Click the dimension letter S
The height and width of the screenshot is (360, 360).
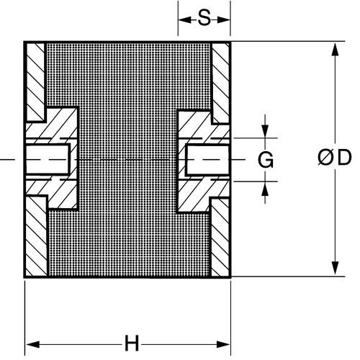[x=204, y=19]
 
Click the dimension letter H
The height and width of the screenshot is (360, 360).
[x=132, y=343]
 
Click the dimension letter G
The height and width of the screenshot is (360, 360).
[x=266, y=160]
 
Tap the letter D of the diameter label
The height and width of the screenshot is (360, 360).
[x=344, y=158]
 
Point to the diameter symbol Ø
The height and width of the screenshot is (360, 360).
[x=325, y=158]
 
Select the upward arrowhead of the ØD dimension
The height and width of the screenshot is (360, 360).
[x=335, y=50]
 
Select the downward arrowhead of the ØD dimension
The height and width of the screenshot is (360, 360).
[x=335, y=269]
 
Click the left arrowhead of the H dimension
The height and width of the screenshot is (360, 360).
[x=32, y=345]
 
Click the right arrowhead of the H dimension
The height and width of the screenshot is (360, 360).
[x=223, y=345]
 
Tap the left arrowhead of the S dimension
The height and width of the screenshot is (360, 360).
[x=185, y=20]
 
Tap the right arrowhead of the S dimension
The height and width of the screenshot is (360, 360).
[x=223, y=20]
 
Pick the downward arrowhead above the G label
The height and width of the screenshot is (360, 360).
[x=265, y=131]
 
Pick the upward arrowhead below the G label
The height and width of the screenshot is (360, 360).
[x=265, y=189]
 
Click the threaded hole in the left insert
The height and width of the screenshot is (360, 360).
[x=48, y=159]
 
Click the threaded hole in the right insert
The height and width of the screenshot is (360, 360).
[x=207, y=160]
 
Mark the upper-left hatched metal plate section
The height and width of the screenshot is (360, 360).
[x=35, y=81]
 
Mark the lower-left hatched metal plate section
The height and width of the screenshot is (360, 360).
[x=37, y=236]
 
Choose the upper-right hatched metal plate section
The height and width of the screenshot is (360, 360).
[x=220, y=83]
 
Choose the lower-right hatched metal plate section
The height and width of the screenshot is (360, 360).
[x=220, y=238]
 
